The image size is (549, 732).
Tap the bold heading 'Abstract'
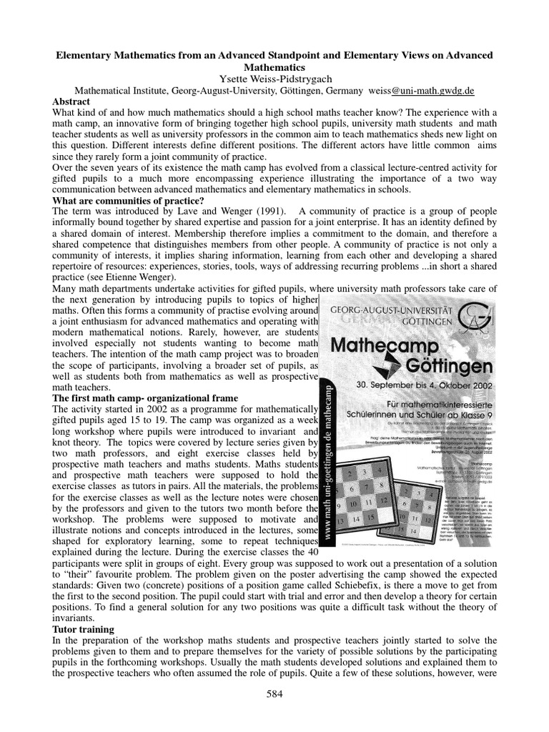(71, 102)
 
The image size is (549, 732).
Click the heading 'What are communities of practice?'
(129, 201)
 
